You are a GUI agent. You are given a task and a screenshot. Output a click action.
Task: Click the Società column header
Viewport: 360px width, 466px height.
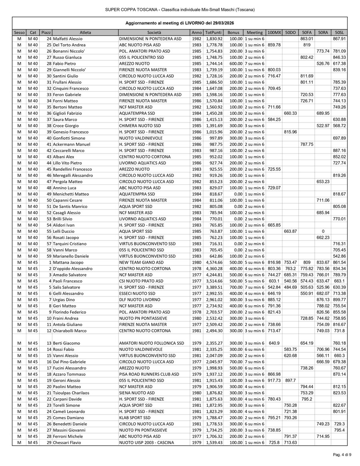(154, 32)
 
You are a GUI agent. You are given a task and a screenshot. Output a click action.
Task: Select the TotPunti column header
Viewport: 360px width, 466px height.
(213, 32)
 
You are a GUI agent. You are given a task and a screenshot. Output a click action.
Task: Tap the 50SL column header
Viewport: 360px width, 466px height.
(339, 32)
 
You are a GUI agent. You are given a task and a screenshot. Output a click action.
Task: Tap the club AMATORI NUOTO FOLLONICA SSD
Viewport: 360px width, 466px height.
(152, 343)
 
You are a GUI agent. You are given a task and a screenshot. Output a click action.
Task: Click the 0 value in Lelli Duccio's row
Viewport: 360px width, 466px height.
(323, 231)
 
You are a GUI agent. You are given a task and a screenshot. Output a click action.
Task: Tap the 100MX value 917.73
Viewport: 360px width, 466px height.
(274, 380)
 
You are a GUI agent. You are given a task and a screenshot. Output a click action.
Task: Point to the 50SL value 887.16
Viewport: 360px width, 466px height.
(339, 150)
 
